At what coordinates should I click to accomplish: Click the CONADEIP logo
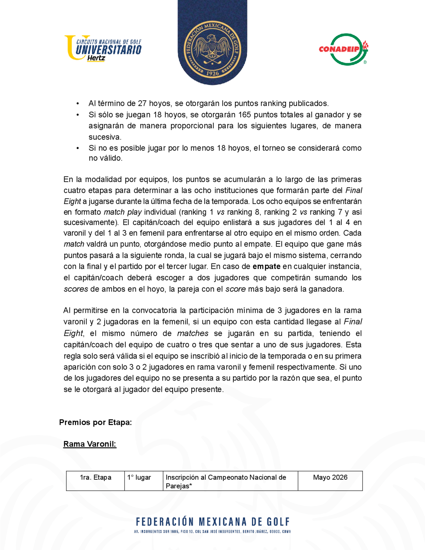[343, 49]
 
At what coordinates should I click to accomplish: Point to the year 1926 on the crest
[212, 73]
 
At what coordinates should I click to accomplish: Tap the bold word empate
[266, 266]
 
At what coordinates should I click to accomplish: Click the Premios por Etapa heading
[95, 422]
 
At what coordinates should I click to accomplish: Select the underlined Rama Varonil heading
[90, 444]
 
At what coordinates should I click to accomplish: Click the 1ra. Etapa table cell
[95, 478]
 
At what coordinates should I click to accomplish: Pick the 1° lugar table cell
[139, 478]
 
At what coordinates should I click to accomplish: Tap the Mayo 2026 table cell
[330, 478]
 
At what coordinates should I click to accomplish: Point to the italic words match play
[123, 212]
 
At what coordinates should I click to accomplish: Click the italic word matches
[193, 333]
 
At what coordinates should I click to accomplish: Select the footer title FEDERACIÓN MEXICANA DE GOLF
[213, 522]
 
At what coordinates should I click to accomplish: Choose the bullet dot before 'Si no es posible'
[78, 148]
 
